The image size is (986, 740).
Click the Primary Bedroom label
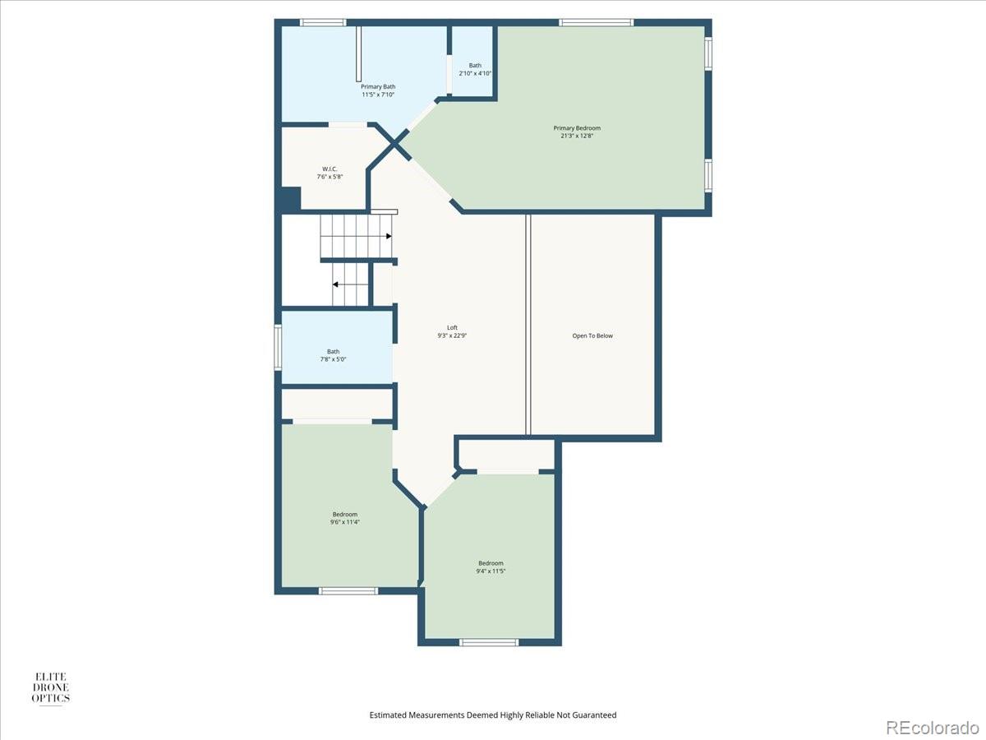click(576, 128)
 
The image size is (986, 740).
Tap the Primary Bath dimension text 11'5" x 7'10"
click(378, 95)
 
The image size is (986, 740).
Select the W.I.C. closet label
click(329, 169)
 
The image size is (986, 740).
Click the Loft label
click(452, 328)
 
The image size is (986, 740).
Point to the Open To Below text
click(592, 335)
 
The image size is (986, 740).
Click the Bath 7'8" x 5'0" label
click(333, 352)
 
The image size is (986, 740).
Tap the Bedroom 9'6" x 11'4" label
click(344, 515)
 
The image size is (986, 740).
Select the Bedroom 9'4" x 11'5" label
click(491, 563)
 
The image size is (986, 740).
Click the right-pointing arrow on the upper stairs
click(388, 236)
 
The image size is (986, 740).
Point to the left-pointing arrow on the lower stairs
click(336, 284)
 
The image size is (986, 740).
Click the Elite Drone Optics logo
click(50, 687)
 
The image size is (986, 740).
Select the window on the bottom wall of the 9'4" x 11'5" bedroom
click(489, 642)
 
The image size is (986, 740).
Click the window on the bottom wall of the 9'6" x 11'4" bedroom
click(348, 590)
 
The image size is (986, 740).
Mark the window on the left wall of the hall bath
click(278, 348)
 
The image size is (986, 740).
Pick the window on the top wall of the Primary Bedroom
click(596, 22)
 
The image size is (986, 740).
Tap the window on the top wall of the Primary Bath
click(322, 22)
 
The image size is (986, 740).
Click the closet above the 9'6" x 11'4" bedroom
click(337, 404)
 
